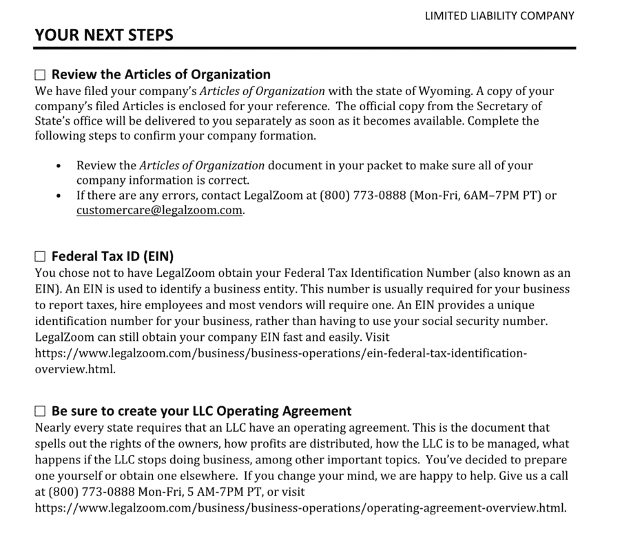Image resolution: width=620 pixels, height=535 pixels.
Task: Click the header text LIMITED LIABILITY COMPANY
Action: [x=499, y=16]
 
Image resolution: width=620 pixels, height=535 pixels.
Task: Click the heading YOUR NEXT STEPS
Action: [x=104, y=34]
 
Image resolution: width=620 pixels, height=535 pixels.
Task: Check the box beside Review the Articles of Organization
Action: [x=40, y=75]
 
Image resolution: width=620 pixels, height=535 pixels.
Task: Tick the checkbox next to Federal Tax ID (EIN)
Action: [x=40, y=258]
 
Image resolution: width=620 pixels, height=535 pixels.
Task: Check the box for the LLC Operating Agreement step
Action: [x=40, y=412]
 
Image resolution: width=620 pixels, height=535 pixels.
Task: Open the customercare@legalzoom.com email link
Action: [x=160, y=211]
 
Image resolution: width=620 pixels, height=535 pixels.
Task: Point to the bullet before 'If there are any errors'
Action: [x=59, y=196]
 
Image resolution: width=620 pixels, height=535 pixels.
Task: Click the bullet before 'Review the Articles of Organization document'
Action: [x=59, y=166]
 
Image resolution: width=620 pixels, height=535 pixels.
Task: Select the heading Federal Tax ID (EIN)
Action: [x=112, y=257]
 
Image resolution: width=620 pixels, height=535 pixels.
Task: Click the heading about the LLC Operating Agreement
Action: [x=201, y=411]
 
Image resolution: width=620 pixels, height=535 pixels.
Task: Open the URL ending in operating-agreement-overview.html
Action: [x=300, y=508]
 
